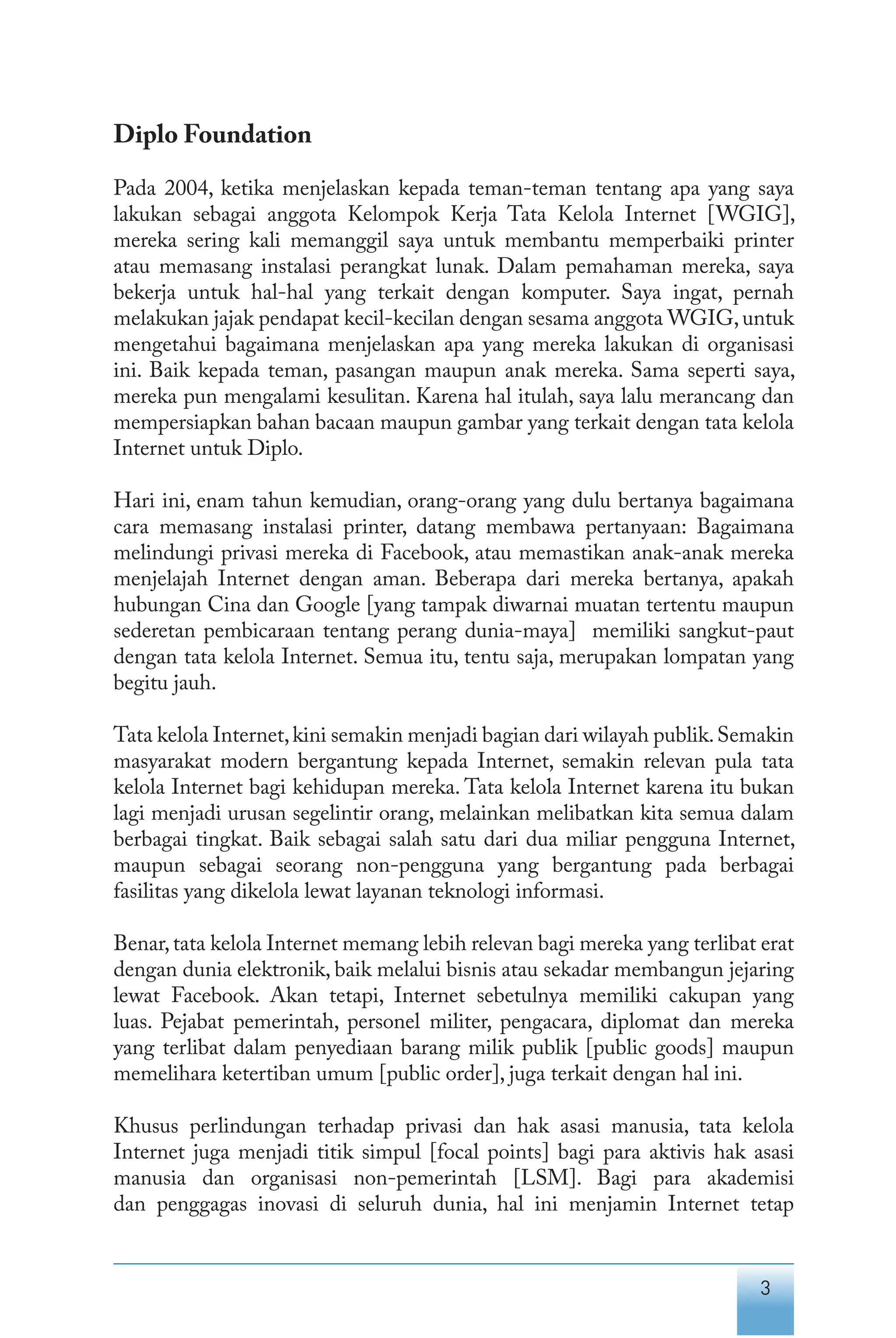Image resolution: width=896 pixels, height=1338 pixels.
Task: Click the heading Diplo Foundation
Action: point(212,135)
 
